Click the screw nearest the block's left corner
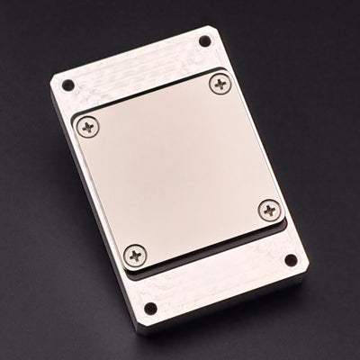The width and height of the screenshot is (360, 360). tap(88, 127)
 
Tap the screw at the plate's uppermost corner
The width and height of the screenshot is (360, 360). tap(220, 85)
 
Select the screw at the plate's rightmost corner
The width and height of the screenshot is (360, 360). tap(270, 211)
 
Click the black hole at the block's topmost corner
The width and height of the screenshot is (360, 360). tap(205, 40)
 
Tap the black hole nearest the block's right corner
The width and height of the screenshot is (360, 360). tap(291, 260)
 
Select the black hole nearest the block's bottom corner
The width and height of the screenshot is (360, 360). tap(150, 309)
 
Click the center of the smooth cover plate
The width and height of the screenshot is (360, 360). tap(178, 169)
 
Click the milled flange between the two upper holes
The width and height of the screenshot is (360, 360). tap(135, 68)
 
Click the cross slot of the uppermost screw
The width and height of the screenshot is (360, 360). tap(220, 85)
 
